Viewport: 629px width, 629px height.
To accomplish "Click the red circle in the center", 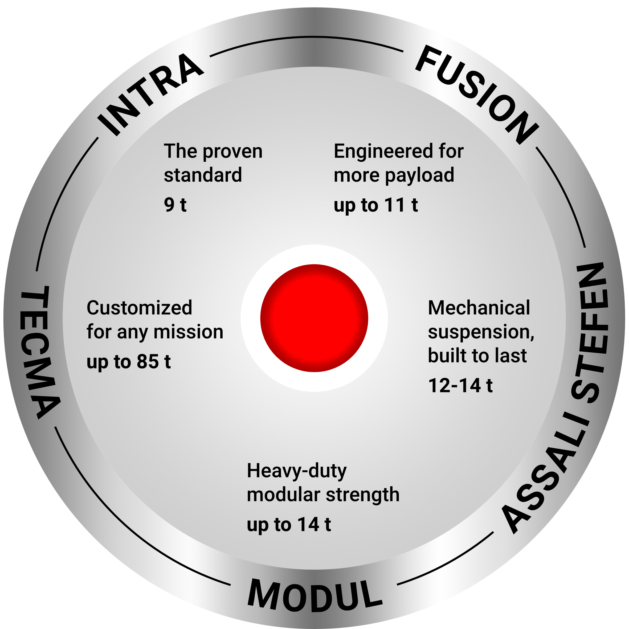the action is pyautogui.click(x=314, y=318).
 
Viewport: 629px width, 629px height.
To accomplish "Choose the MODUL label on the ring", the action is pyautogui.click(x=314, y=595).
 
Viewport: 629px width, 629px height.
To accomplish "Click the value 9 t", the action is pyautogui.click(x=175, y=205).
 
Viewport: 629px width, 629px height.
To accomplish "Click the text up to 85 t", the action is pyautogui.click(x=129, y=362).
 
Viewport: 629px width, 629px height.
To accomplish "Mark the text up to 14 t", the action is pyautogui.click(x=289, y=525).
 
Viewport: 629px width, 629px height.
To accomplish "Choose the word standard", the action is pyautogui.click(x=203, y=175).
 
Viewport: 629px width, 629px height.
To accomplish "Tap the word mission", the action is pyautogui.click(x=189, y=332).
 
